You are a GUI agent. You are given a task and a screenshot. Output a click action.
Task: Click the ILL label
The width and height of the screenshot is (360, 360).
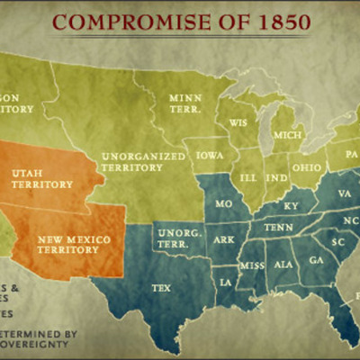pyautogui.click(x=247, y=177)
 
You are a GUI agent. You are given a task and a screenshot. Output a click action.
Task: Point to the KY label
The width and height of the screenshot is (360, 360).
pyautogui.click(x=291, y=206)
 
